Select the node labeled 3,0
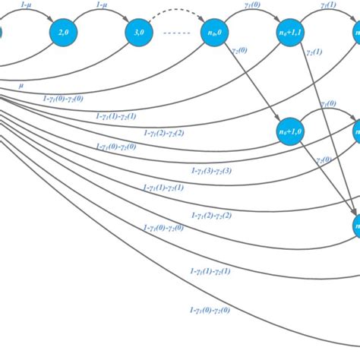click(x=140, y=32)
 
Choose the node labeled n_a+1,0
click(x=291, y=133)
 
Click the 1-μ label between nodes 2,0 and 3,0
click(x=102, y=5)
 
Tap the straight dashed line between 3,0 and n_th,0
click(x=176, y=33)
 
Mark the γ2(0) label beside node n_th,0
click(x=242, y=52)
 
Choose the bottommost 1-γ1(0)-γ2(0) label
click(x=208, y=309)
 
